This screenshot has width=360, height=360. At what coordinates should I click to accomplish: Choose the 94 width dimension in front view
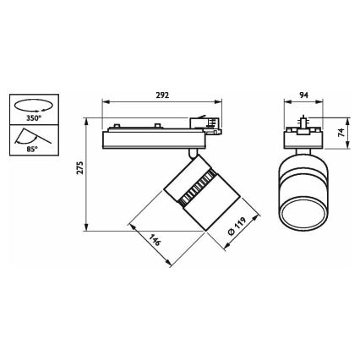[x=303, y=95]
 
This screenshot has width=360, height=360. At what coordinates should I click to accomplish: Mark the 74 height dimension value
[x=340, y=134]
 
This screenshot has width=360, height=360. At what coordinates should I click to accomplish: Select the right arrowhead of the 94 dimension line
[x=322, y=103]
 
